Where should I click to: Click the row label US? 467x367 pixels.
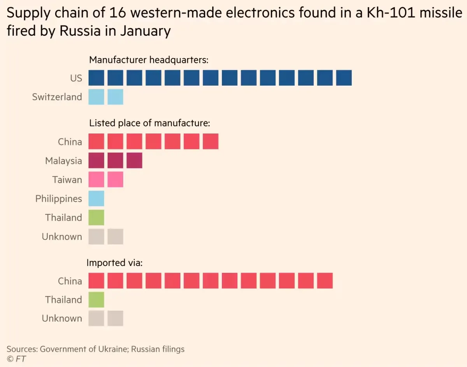(76, 78)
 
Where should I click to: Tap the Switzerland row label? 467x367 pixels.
(57, 97)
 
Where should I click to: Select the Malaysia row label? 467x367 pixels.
(63, 161)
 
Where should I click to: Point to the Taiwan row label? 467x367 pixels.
(67, 180)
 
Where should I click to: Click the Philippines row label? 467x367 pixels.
(58, 199)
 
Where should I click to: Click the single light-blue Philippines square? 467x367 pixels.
(96, 198)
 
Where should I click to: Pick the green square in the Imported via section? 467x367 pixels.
(96, 300)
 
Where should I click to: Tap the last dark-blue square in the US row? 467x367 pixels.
(344, 78)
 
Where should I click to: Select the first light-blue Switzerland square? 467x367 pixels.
(96, 97)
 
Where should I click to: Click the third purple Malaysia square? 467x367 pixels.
(134, 161)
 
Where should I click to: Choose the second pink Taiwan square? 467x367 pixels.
(115, 180)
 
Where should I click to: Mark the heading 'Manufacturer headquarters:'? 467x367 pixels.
(149, 60)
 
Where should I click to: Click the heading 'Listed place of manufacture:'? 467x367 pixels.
(150, 123)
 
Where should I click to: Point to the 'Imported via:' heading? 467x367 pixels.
(114, 263)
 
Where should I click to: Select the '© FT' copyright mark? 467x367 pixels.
(16, 358)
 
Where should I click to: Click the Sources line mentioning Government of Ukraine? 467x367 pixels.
(95, 349)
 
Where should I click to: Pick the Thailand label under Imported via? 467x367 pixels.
(63, 300)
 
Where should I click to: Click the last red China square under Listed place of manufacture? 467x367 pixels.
(211, 142)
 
